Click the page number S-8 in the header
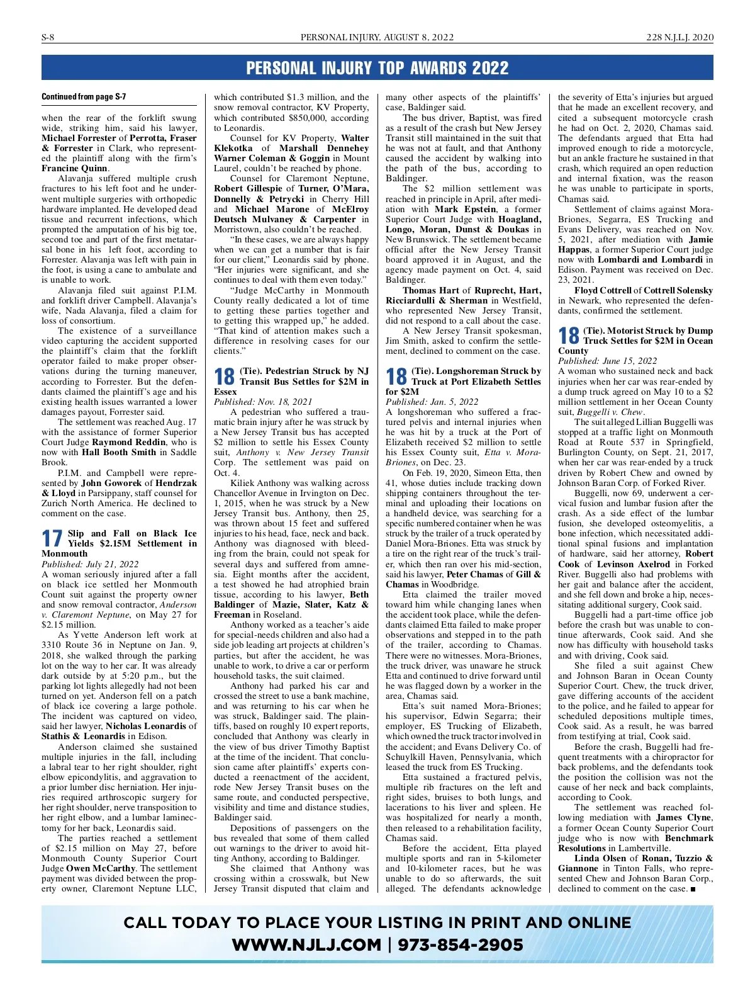48,38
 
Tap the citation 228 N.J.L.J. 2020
679,38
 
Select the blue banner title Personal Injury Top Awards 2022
377,68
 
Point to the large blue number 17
52,539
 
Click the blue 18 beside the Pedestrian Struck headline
225,376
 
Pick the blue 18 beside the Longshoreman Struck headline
396,376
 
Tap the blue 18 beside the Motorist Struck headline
569,336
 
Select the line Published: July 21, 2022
90,564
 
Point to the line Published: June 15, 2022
607,361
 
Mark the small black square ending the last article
693,889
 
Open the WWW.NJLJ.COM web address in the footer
306,945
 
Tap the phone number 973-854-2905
461,945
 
